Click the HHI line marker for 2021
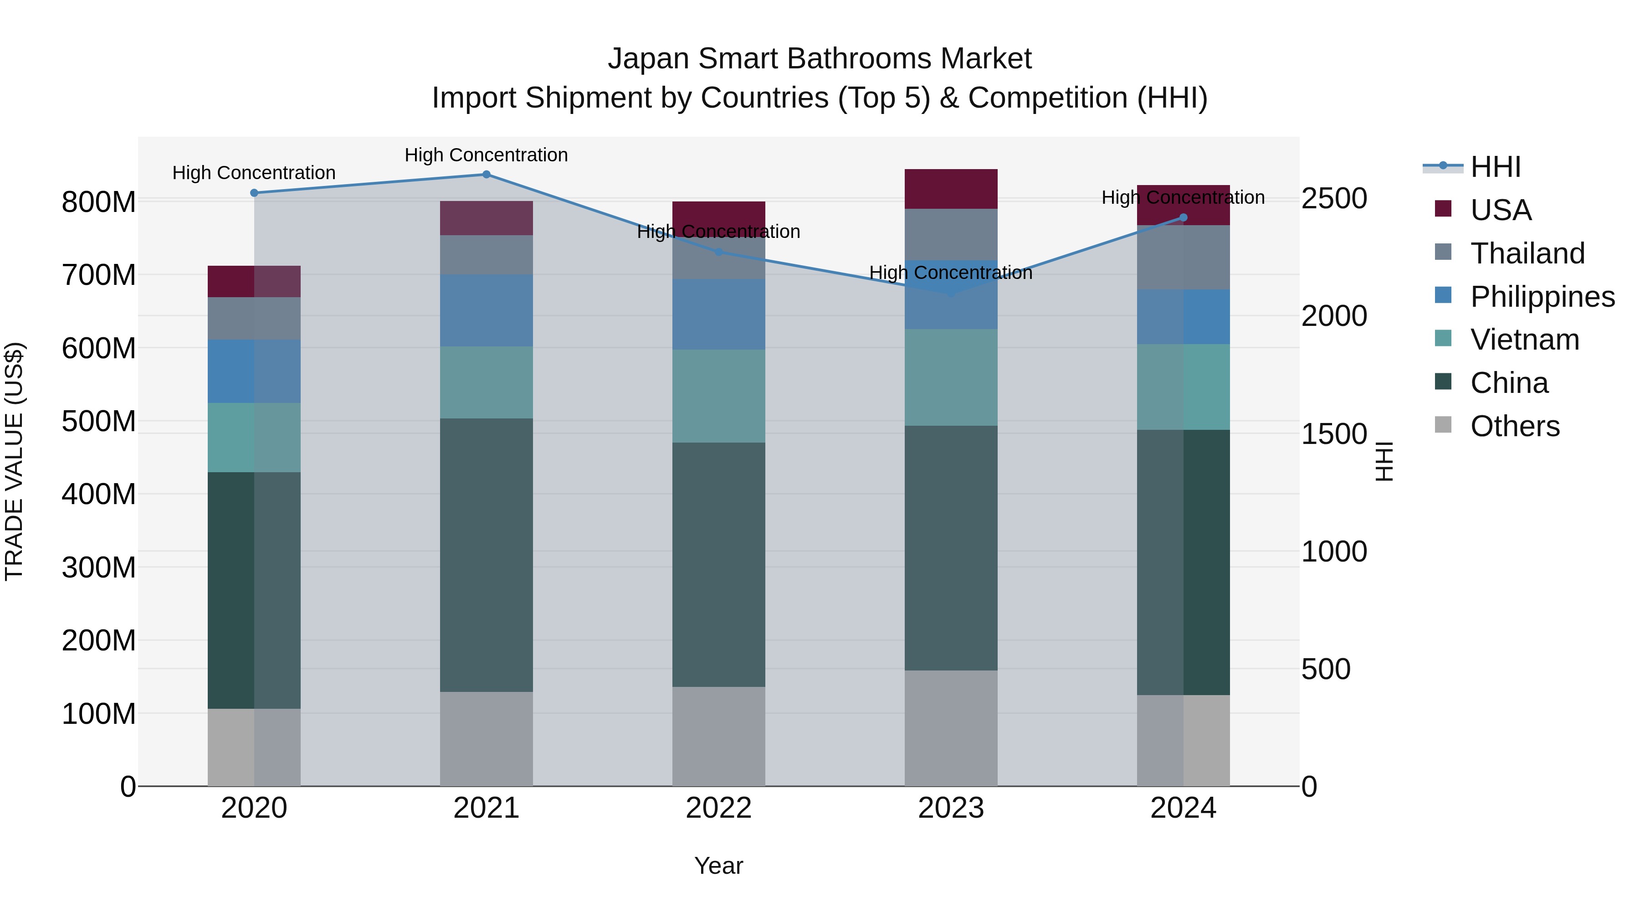[487, 175]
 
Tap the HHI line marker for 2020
[254, 193]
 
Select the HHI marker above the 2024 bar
[1183, 218]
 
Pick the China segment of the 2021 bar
[487, 554]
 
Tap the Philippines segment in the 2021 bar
[487, 310]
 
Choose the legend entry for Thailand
[1527, 253]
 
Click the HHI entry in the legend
[1495, 167]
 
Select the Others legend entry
[1514, 426]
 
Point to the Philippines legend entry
[1541, 297]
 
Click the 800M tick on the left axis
[99, 202]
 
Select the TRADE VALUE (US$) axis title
[14, 461]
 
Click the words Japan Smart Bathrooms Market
[820, 59]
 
